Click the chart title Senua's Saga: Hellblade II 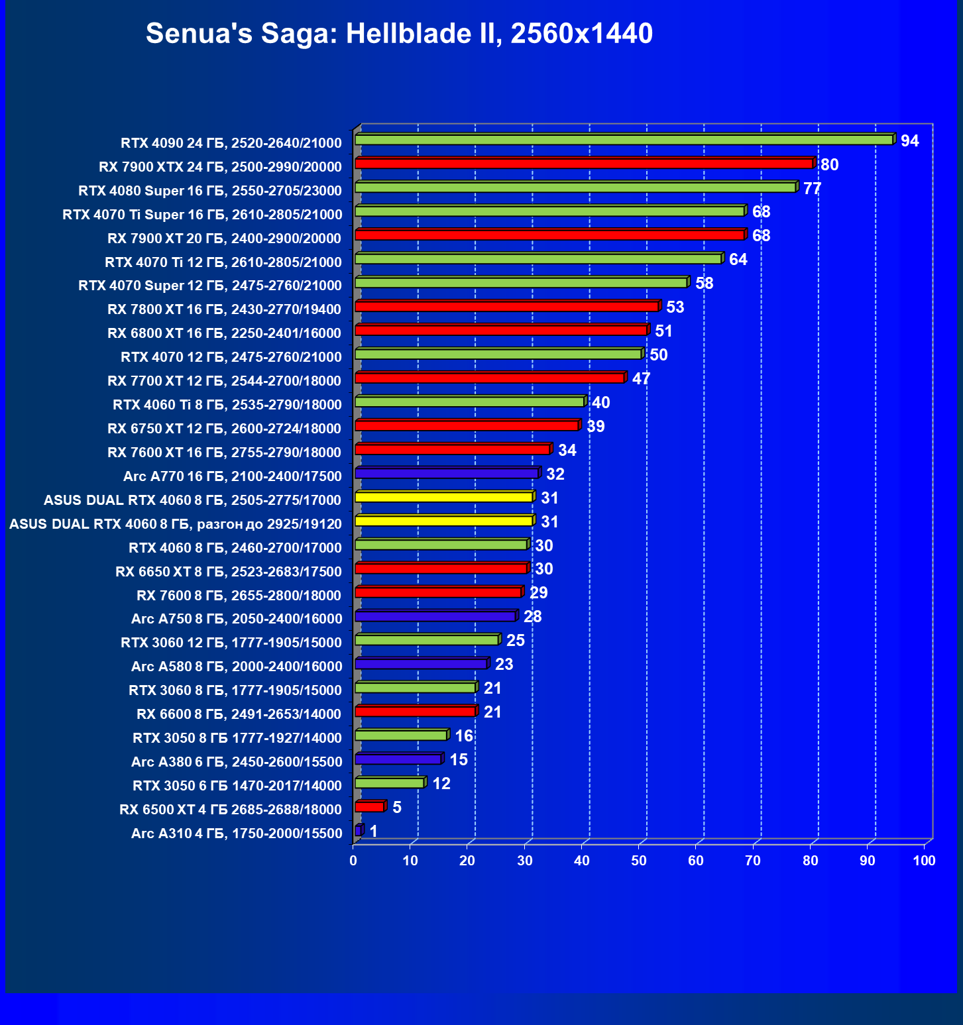pyautogui.click(x=399, y=33)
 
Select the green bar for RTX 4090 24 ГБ pyautogui.click(x=623, y=140)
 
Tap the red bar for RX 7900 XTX pyautogui.click(x=583, y=164)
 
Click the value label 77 pyautogui.click(x=812, y=189)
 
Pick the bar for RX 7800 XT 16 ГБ pyautogui.click(x=507, y=306)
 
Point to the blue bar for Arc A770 pyautogui.click(x=447, y=473)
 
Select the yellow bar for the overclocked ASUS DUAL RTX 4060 pyautogui.click(x=444, y=521)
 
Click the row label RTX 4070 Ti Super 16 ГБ pyautogui.click(x=202, y=215)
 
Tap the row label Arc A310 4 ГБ pyautogui.click(x=237, y=834)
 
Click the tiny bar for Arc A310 pyautogui.click(x=359, y=831)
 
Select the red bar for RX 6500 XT pyautogui.click(x=370, y=807)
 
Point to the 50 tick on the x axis pyautogui.click(x=638, y=861)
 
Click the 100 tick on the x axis pyautogui.click(x=924, y=861)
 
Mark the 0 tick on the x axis pyautogui.click(x=353, y=861)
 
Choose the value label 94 pyautogui.click(x=909, y=140)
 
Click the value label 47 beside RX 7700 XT pyautogui.click(x=641, y=379)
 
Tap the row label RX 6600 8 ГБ pyautogui.click(x=239, y=714)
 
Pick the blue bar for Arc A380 pyautogui.click(x=398, y=759)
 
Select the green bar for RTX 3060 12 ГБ pyautogui.click(x=427, y=640)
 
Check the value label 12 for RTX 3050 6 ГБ pyautogui.click(x=441, y=784)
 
